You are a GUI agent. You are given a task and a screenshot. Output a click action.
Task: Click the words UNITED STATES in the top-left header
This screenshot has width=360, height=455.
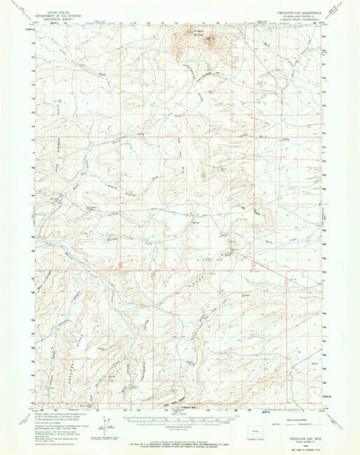point(49,7)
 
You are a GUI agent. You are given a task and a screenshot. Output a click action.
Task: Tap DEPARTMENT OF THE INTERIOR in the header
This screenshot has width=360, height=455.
point(49,11)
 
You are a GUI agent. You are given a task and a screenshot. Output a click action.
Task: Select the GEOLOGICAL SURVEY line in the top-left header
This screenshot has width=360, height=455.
point(49,15)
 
